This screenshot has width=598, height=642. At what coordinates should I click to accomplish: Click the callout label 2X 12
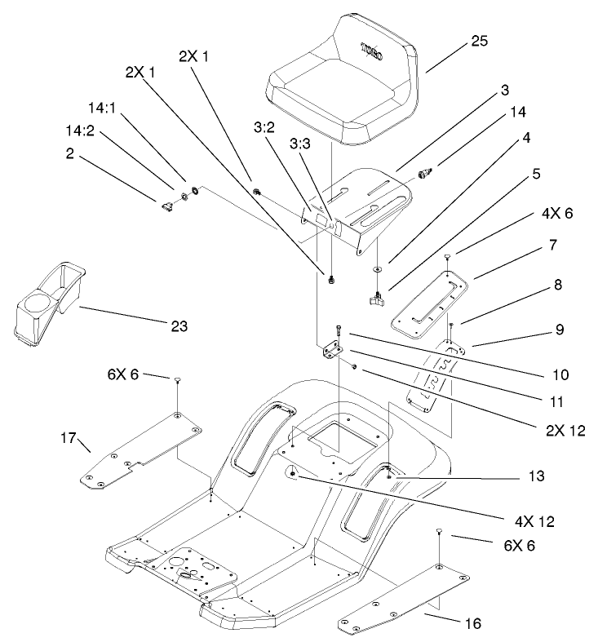[565, 430]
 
